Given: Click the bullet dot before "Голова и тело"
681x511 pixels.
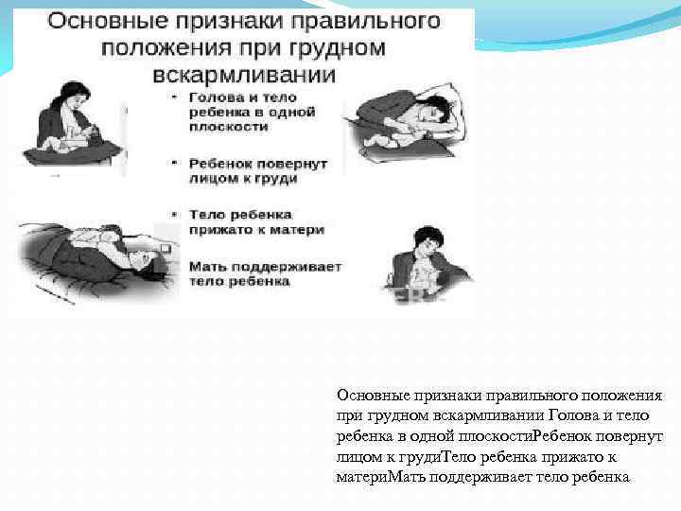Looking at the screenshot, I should [x=175, y=97].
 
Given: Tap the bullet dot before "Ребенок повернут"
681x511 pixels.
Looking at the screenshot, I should [x=175, y=164].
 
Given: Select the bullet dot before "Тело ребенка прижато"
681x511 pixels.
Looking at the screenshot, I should [x=175, y=216].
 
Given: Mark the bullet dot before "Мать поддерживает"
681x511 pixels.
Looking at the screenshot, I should [x=175, y=268].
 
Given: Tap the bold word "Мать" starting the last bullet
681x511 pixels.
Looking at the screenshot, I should [x=208, y=268].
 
